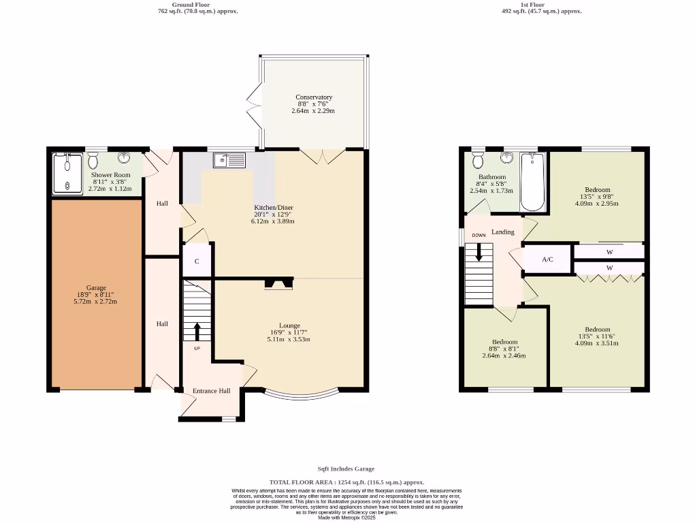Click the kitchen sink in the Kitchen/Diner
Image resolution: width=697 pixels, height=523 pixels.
point(229,160)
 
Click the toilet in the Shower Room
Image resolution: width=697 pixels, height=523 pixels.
point(93,160)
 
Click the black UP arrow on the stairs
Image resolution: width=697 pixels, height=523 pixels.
point(197,331)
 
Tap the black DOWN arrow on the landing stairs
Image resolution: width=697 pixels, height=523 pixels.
point(479,251)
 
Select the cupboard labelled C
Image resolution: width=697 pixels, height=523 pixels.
point(197,261)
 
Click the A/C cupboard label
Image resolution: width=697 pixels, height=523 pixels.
point(547,259)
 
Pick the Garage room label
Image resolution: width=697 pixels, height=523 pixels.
point(95,287)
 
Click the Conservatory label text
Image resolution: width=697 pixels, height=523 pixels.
point(314,97)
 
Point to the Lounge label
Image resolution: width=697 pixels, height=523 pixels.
point(289,326)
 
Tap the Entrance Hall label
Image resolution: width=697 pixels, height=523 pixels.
point(211,391)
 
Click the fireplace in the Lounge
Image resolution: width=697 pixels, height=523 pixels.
point(278,283)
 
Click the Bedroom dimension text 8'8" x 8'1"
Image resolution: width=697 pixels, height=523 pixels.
point(504,349)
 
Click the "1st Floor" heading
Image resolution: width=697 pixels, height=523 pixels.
point(532,5)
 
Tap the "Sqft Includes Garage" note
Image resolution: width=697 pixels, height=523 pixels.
point(346,469)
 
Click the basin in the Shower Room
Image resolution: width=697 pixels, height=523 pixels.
point(125,159)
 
